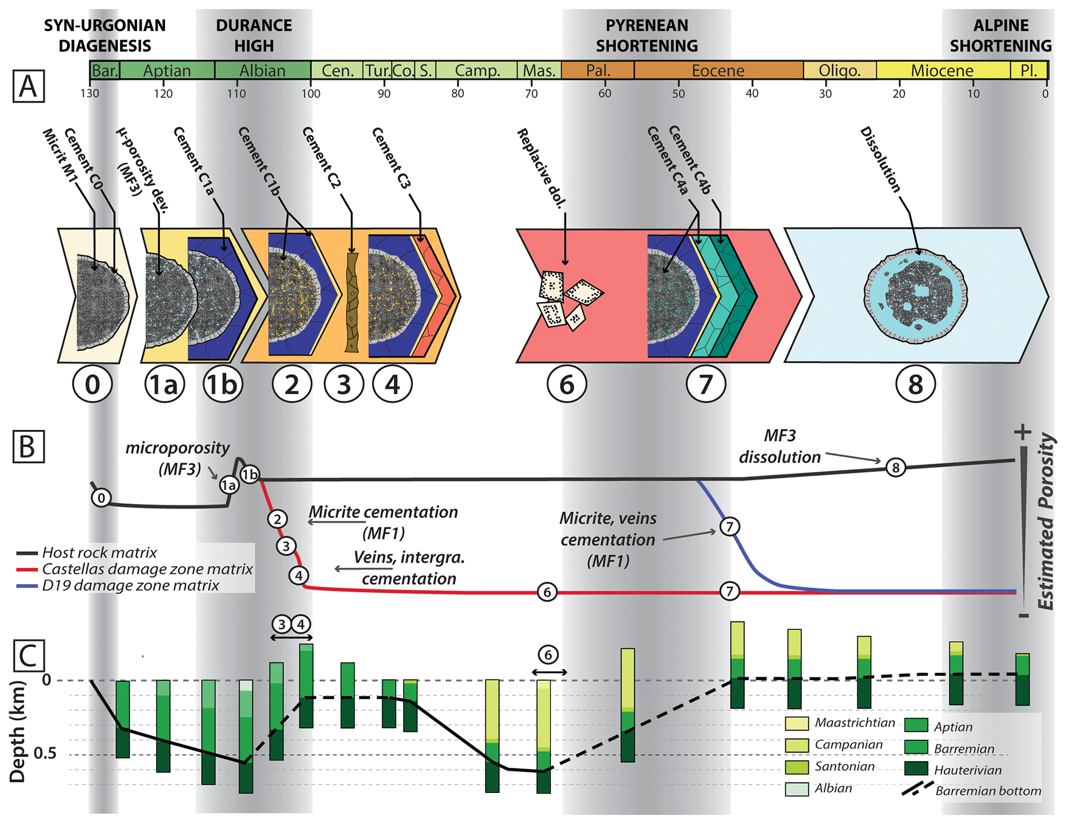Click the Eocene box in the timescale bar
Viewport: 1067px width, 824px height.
[x=718, y=70]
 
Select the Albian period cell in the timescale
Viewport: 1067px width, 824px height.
[x=262, y=70]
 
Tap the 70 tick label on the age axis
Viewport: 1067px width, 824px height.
[x=531, y=94]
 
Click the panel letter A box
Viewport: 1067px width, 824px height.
[x=28, y=86]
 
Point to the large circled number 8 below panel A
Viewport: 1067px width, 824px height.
[x=915, y=384]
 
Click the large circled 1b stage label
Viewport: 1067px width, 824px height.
[x=222, y=384]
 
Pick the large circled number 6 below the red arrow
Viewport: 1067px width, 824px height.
[x=567, y=384]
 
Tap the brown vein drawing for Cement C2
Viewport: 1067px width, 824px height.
[x=352, y=302]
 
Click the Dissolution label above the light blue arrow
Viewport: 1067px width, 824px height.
[x=881, y=160]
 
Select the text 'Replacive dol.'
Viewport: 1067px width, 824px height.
[x=541, y=168]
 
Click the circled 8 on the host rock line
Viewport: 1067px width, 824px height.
[x=896, y=468]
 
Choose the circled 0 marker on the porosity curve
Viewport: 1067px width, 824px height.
[x=101, y=498]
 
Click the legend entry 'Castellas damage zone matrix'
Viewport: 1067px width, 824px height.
[x=147, y=569]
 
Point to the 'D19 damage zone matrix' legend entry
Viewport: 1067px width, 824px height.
[x=130, y=586]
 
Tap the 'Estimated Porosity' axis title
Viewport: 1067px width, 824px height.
[x=1046, y=522]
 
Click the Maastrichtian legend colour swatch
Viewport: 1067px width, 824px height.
[x=797, y=723]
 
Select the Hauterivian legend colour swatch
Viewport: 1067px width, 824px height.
[x=916, y=769]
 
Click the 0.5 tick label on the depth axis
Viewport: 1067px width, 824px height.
[x=46, y=753]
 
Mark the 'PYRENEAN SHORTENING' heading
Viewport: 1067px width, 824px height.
[x=647, y=36]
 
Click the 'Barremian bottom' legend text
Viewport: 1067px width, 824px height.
[x=988, y=791]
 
